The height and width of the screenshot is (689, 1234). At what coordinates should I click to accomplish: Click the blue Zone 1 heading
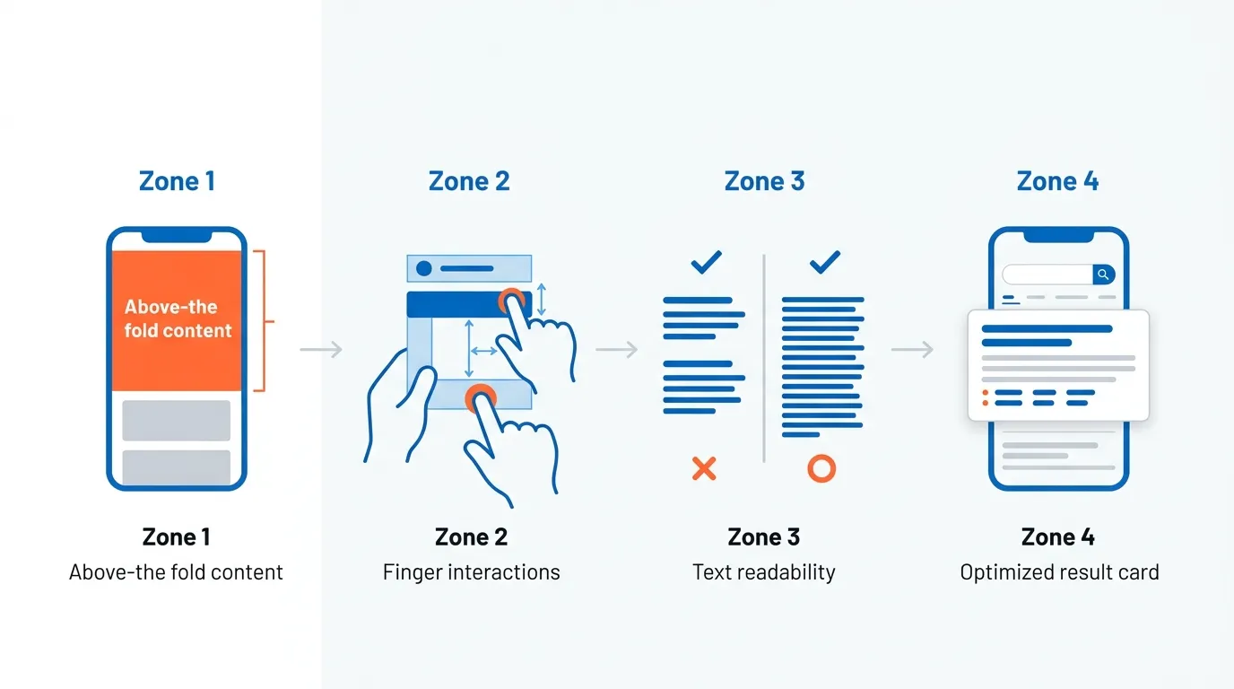click(177, 181)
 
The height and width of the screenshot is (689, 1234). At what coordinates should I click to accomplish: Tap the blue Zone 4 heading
click(1057, 181)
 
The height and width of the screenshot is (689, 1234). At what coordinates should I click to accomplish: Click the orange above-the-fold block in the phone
click(177, 320)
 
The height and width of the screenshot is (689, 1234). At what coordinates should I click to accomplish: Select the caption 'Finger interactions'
click(471, 572)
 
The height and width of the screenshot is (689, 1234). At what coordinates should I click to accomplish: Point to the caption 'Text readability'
click(763, 572)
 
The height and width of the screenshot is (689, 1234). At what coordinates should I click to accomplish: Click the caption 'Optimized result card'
click(1059, 572)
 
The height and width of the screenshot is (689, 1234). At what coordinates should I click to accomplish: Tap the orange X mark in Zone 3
click(704, 467)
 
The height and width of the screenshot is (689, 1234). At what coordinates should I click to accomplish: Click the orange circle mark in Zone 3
click(821, 467)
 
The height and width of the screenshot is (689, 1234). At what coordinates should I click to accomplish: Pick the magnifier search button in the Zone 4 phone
click(1105, 275)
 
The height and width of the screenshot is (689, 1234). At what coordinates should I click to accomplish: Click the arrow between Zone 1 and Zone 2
click(321, 349)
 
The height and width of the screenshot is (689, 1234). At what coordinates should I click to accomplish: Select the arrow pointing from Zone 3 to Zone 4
click(912, 349)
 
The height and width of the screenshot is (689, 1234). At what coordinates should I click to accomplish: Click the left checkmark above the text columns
click(706, 262)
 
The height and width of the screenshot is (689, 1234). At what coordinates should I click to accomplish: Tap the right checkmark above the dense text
click(824, 262)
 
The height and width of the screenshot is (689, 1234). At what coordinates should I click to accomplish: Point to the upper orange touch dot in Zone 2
click(511, 300)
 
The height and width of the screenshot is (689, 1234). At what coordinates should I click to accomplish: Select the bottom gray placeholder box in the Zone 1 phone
click(177, 467)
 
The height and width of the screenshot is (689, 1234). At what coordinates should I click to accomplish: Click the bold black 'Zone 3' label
click(763, 537)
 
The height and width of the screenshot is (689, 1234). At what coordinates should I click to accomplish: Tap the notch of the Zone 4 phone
click(1058, 235)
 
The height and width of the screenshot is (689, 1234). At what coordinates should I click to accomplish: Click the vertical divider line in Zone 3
click(764, 359)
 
